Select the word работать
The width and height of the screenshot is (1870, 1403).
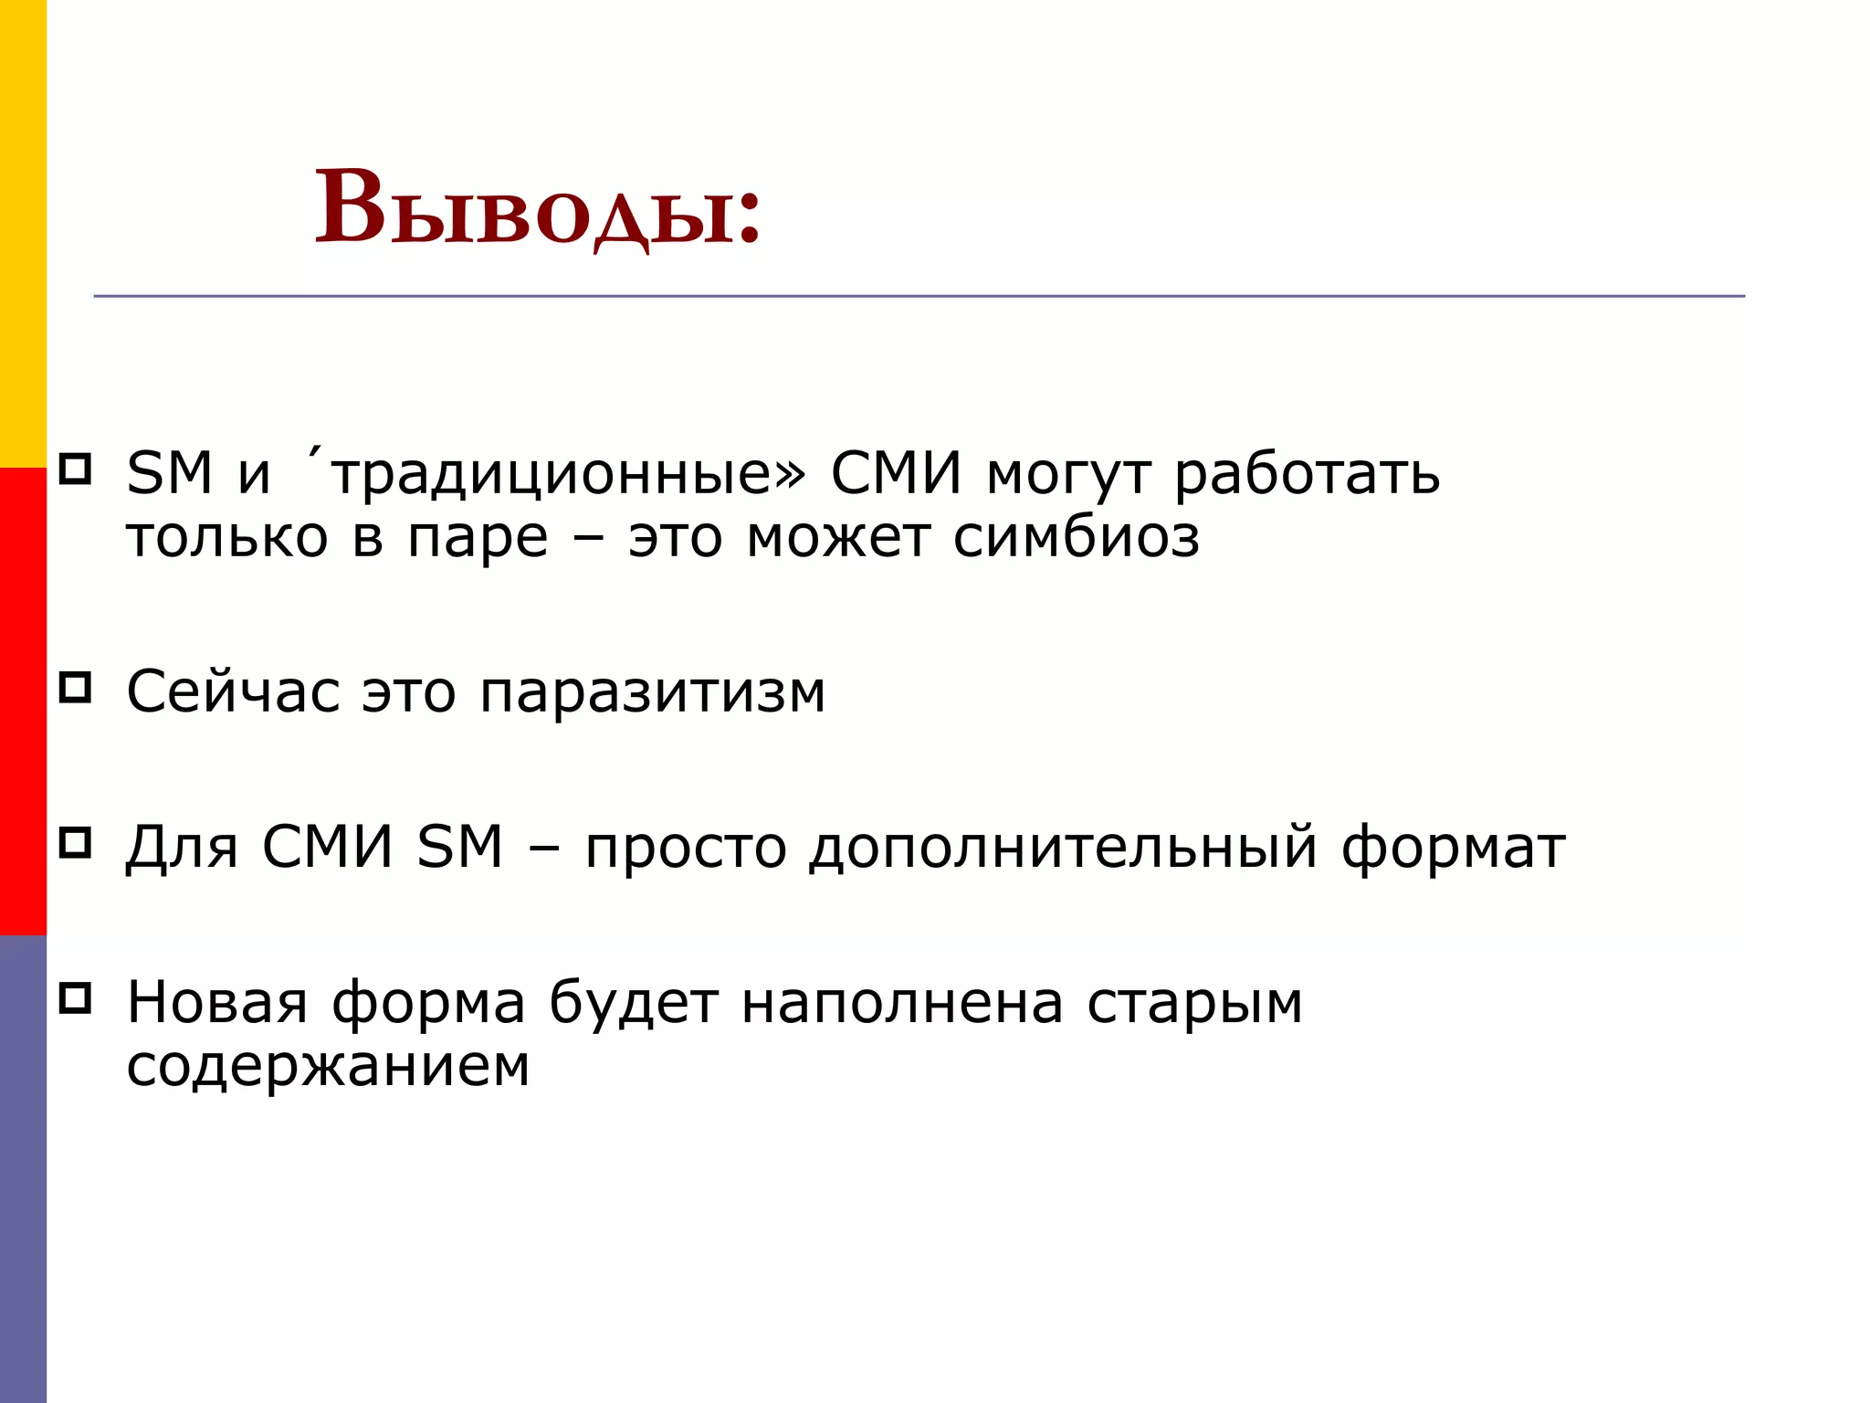click(x=1307, y=475)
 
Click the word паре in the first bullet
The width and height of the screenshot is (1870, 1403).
click(x=478, y=539)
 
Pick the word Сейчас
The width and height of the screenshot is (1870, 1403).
click(x=233, y=691)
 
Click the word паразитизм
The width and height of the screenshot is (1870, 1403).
click(x=653, y=693)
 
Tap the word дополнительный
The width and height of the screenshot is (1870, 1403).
click(x=1064, y=848)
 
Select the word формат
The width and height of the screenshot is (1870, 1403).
click(x=1453, y=848)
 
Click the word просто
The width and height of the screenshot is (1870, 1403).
click(x=686, y=848)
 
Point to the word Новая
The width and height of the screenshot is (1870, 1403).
click(x=217, y=1002)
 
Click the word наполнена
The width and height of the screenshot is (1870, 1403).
click(x=902, y=1002)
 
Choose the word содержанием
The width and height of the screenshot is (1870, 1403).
click(x=328, y=1066)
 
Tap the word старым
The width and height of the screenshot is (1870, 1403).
click(x=1194, y=1004)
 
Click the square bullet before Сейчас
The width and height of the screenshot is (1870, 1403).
click(x=75, y=687)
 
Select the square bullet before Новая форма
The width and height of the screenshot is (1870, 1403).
click(x=75, y=997)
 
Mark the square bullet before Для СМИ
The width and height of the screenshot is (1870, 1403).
click(x=75, y=842)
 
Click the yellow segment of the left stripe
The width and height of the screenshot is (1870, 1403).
click(x=23, y=233)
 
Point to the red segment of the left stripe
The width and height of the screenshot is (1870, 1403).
click(x=23, y=701)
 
